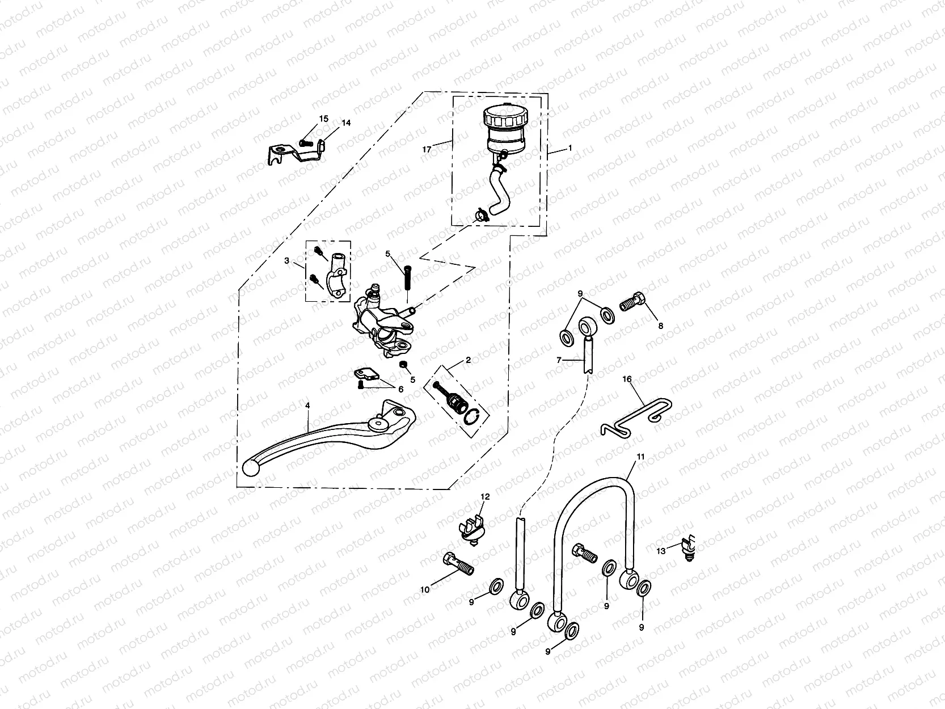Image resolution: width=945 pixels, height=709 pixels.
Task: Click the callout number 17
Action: pos(427,149)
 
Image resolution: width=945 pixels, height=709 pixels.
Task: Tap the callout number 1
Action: pos(569,149)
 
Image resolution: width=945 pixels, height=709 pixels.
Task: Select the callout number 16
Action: pos(627,379)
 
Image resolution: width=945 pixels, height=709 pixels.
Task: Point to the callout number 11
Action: pos(640,457)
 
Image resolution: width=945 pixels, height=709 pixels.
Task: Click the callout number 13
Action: pos(661,550)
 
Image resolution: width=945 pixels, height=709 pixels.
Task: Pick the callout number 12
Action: pos(485,497)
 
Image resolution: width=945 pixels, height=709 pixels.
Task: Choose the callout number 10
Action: pos(425,589)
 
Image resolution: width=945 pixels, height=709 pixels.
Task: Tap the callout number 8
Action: pos(660,326)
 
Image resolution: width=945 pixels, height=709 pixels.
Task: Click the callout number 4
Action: pos(307,406)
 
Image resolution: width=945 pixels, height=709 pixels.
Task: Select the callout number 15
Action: pos(323,119)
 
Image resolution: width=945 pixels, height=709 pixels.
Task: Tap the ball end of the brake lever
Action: pos(250,468)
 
